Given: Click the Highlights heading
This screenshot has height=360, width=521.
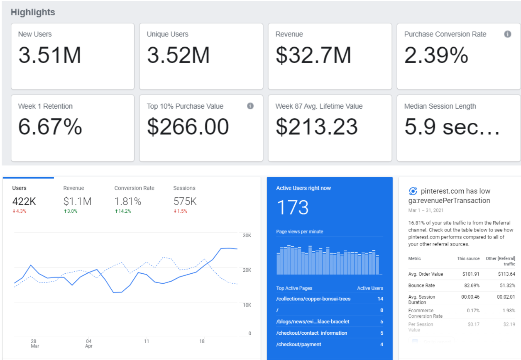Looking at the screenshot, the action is coord(33,12).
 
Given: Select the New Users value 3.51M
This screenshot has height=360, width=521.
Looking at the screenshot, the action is coord(50,55).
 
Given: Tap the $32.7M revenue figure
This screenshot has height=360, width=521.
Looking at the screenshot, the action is coord(313,55).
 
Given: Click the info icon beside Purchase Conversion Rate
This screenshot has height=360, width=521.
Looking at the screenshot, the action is coord(508,34).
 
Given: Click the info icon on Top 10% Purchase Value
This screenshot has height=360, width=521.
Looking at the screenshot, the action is coord(250,106).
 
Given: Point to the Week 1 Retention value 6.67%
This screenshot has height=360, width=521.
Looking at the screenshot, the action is coord(50,126).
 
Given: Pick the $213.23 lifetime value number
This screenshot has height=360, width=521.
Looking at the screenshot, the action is coord(317,127).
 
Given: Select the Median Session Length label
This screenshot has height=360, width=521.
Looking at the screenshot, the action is coord(440,106).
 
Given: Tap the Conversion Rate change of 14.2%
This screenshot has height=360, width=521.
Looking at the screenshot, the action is coord(123,211).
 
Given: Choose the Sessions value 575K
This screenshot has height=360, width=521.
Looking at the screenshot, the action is coord(185,201).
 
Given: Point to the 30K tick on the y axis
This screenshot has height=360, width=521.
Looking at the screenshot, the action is coord(247,236).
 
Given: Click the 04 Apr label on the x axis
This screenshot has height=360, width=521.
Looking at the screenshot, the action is coord(88,343).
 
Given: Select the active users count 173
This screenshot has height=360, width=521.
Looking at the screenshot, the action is coord(293,207).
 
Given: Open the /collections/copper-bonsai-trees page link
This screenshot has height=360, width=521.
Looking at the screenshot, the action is coord(313,299).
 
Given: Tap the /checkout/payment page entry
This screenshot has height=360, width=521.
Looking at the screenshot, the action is coord(298,344).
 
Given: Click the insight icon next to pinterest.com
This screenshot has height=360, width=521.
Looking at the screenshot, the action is coord(413,191).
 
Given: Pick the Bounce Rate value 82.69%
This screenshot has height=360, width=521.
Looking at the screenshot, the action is coord(472,285).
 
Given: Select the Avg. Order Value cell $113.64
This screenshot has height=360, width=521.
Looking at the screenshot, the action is coord(506,274).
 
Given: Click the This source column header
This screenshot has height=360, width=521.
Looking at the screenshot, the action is coord(468,258).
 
